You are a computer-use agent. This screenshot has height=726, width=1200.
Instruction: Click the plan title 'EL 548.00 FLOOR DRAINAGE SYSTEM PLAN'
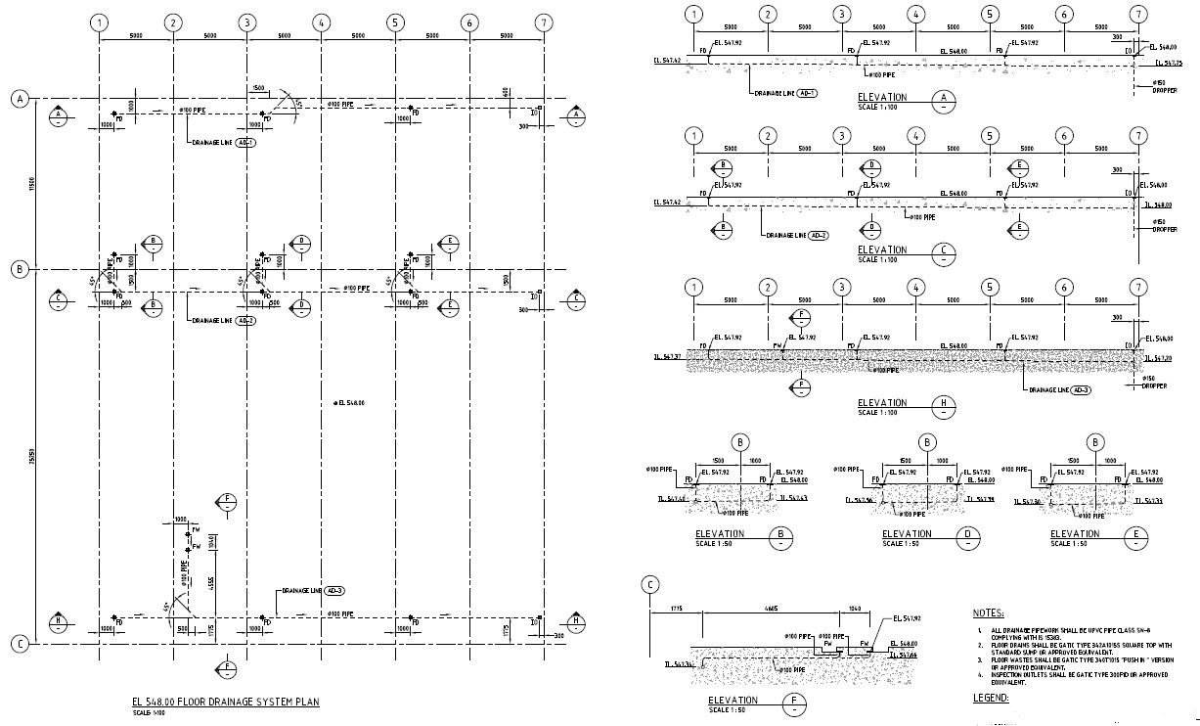(x=225, y=703)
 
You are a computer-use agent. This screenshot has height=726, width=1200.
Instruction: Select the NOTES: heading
(x=988, y=613)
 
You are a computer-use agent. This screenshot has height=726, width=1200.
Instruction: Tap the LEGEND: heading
(x=990, y=698)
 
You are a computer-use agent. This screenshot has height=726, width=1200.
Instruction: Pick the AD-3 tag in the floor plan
(x=334, y=591)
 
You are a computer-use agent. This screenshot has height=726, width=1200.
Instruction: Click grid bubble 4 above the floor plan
(x=321, y=23)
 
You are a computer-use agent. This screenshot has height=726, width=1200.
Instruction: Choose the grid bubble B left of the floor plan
(x=19, y=269)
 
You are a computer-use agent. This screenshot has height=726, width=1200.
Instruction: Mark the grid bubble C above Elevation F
(x=650, y=585)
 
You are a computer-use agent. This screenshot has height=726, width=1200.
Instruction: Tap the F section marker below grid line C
(x=227, y=670)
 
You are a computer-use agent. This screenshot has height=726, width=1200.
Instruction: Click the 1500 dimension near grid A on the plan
(x=257, y=88)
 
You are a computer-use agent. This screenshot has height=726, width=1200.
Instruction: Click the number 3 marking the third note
(x=980, y=660)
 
